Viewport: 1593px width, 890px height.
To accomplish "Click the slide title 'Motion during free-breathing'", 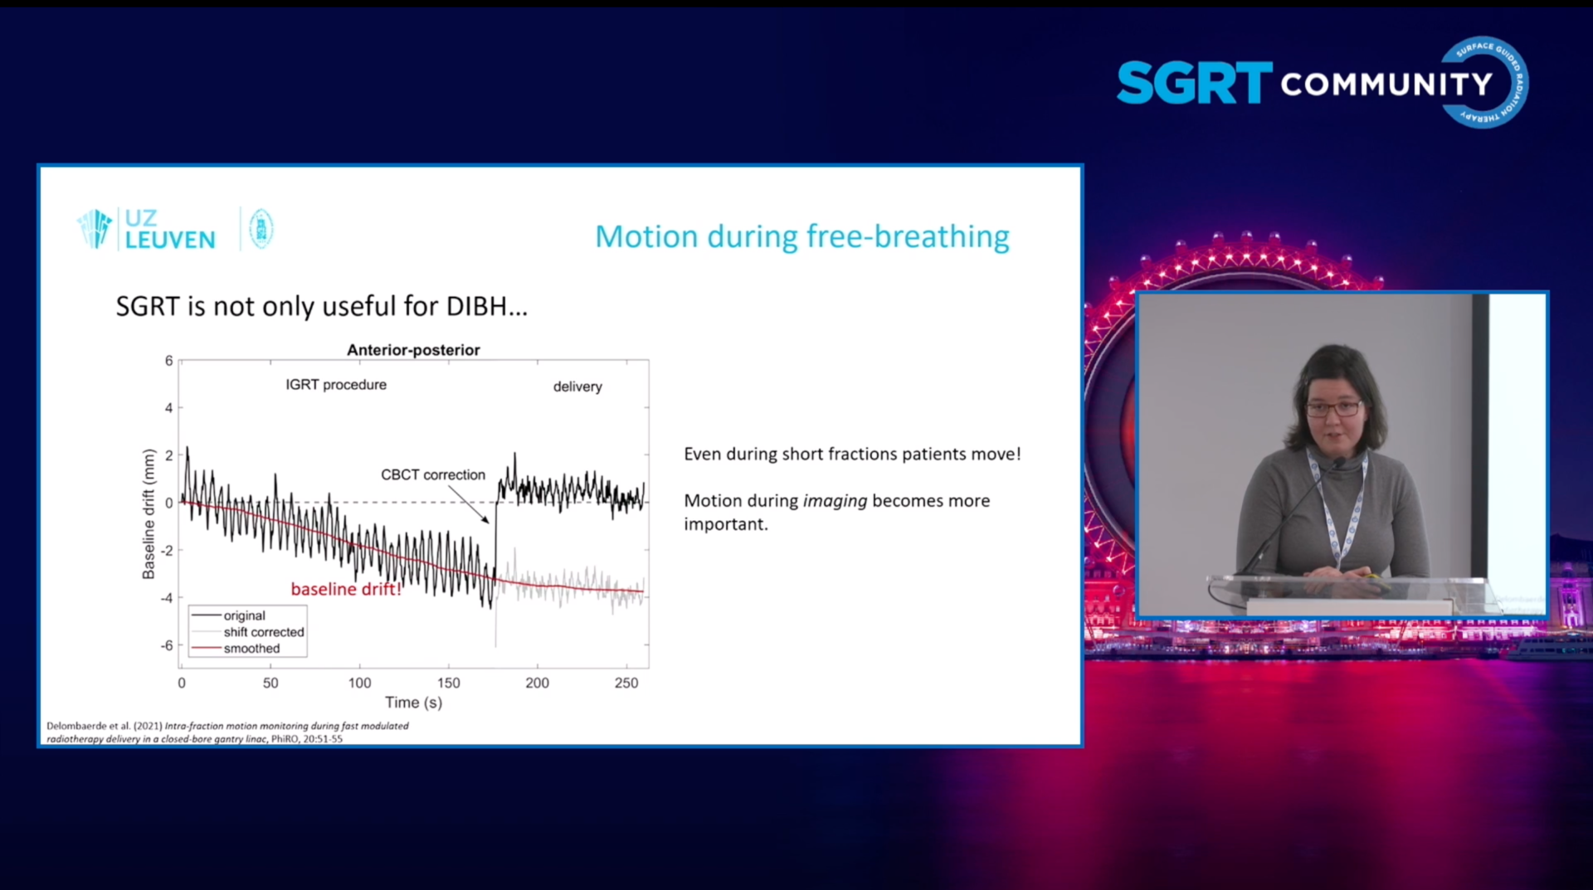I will [801, 237].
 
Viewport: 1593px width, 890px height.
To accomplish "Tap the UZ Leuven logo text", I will [169, 230].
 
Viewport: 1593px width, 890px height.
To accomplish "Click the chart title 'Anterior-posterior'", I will [413, 350].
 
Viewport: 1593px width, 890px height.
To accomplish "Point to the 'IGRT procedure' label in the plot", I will [336, 385].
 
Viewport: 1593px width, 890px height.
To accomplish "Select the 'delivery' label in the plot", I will [577, 387].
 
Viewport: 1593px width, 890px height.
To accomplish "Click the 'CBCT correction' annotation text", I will [432, 474].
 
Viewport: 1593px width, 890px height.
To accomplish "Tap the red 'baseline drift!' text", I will [346, 589].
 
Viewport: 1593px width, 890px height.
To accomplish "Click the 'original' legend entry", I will [244, 615].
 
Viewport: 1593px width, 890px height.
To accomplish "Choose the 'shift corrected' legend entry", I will [263, 632].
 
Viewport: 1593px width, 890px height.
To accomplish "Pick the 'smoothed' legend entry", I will [251, 649].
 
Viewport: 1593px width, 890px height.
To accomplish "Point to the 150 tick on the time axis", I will [448, 683].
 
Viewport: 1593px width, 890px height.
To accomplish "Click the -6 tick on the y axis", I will [167, 645].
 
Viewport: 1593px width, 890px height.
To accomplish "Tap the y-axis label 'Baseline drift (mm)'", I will [149, 514].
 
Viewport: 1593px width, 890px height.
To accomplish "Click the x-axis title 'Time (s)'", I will [413, 703].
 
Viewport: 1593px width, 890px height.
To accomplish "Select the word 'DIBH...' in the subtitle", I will [486, 307].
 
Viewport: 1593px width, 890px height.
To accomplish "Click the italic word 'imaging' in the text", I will [835, 501].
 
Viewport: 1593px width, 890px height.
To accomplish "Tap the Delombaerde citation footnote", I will [227, 732].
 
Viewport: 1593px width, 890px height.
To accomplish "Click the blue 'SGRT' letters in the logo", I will [1194, 83].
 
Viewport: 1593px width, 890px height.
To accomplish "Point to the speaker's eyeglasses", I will [1334, 409].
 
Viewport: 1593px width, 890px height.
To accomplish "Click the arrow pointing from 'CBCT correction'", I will [470, 504].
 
